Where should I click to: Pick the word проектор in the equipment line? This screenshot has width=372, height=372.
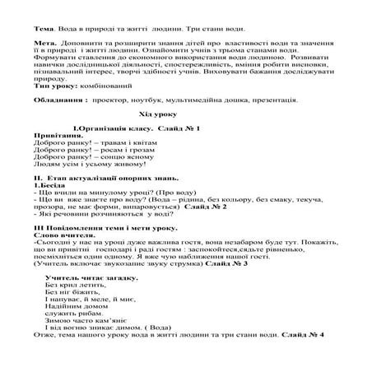tap(114, 101)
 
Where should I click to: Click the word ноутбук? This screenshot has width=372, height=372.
tap(151, 101)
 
